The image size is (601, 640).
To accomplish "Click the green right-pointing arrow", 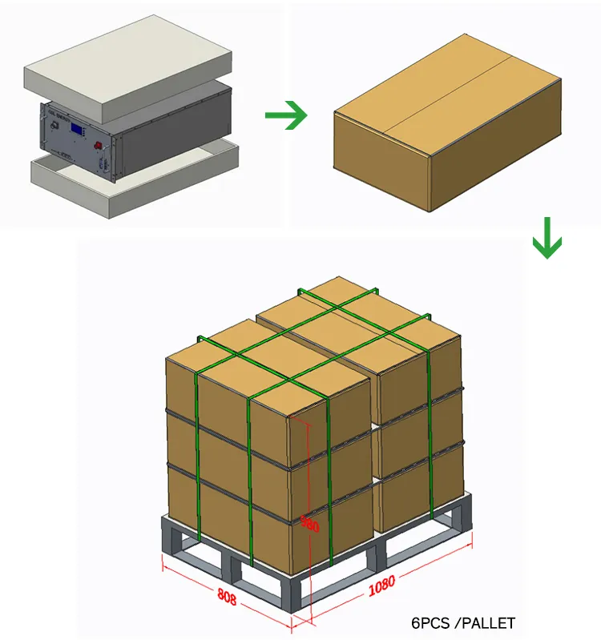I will coord(286,116).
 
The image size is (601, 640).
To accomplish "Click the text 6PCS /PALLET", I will coord(463,622).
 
